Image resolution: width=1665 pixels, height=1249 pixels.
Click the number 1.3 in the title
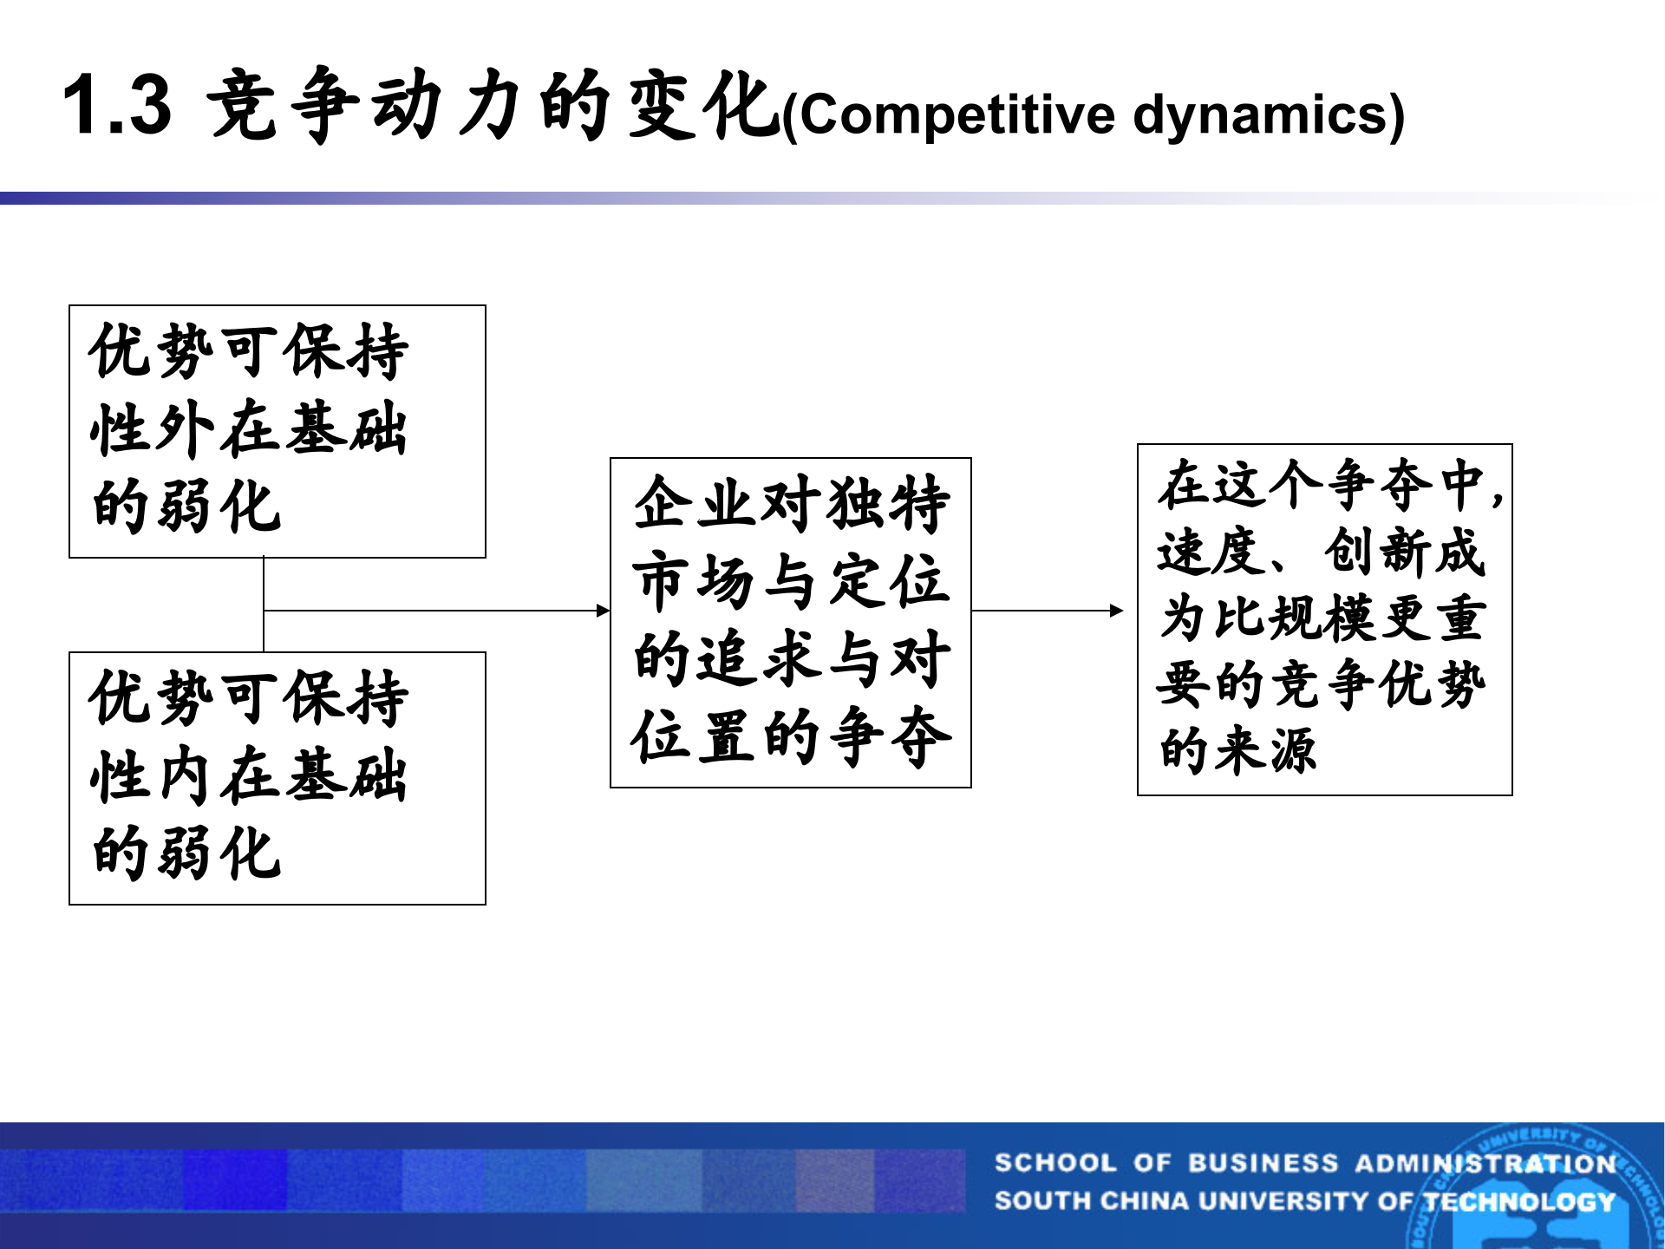pos(117,106)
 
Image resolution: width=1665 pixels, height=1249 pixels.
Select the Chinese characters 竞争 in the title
pos(282,106)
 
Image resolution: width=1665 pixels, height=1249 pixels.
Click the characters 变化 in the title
pos(702,106)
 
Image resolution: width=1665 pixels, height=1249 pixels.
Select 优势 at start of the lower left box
pos(152,698)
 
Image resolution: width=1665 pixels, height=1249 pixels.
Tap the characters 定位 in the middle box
pos(888,581)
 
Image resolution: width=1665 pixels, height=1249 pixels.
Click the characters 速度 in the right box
pos(1211,552)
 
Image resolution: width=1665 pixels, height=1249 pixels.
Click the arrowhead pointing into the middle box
pos(604,611)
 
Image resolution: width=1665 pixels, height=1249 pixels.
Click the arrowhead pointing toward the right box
pos(1117,611)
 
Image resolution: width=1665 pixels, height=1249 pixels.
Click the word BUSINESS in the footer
pos(1263,1163)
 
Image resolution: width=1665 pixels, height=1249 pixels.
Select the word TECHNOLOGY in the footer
pos(1519,1201)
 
